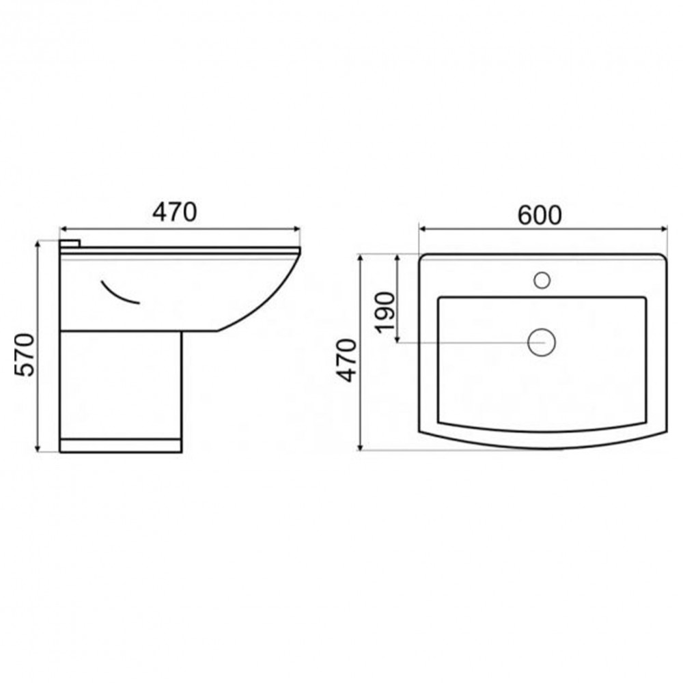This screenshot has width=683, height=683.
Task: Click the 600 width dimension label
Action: coord(540,215)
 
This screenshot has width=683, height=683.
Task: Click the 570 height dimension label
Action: coord(25,355)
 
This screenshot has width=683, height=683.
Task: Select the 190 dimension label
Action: coord(385,312)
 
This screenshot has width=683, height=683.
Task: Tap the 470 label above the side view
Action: coord(175,212)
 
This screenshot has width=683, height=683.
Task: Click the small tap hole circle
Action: coord(542,280)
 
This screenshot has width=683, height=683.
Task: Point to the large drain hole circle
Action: coord(542,342)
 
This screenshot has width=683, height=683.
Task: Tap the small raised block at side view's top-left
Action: coord(70,244)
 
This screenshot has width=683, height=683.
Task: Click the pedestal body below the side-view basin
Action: coord(121,385)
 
